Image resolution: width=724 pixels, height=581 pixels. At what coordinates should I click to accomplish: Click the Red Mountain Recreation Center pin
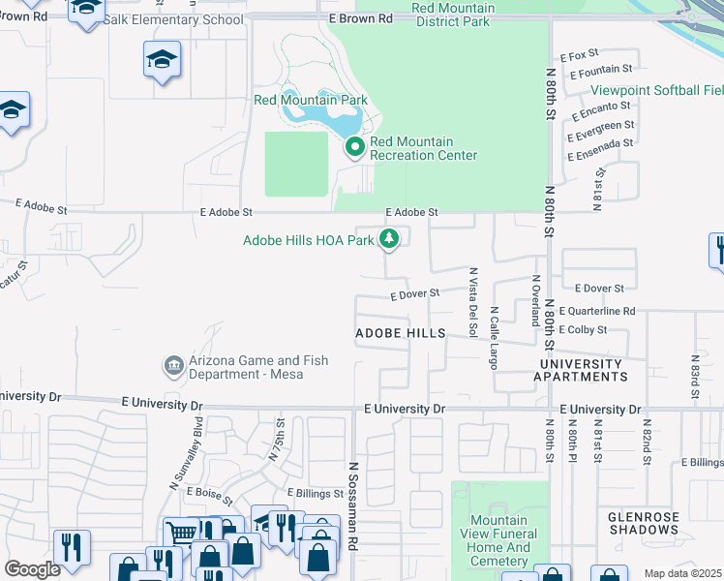point(354,147)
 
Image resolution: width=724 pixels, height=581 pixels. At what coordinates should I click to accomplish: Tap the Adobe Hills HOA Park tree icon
point(389,238)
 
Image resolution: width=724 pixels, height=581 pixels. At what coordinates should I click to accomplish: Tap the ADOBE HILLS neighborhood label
point(401,332)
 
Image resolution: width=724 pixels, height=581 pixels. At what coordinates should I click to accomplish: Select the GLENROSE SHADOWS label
point(644,523)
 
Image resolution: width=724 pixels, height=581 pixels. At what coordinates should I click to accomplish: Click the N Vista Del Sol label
point(472,302)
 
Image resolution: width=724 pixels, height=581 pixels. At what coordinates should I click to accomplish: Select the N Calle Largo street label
point(494,338)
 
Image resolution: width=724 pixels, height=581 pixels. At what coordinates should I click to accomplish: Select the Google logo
point(32,568)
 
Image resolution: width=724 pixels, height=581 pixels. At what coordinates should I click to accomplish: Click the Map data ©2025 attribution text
point(682,573)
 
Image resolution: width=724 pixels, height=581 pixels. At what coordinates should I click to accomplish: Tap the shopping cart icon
point(180,532)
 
